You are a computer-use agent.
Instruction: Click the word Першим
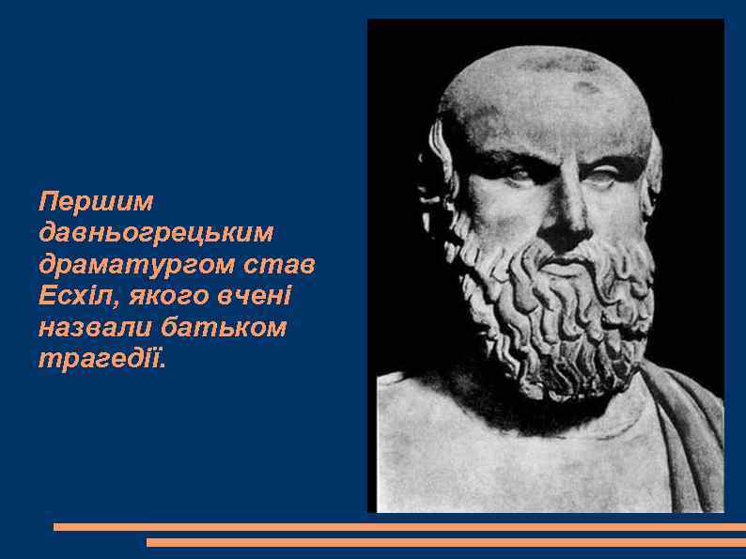(96, 201)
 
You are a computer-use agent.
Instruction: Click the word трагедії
(101, 360)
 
